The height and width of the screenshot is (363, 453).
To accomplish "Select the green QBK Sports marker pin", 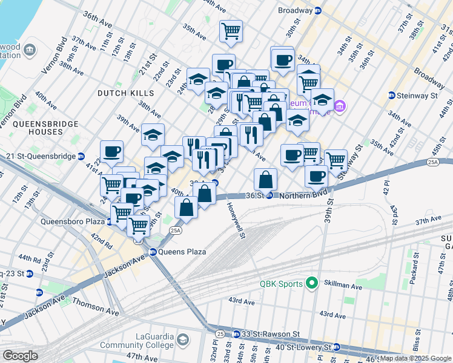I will tap(312, 283).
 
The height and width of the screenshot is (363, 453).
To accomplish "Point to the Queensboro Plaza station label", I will tap(72, 221).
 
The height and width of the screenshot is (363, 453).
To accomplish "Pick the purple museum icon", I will tap(340, 107).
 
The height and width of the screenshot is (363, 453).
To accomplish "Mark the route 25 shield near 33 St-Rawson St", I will tap(220, 333).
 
